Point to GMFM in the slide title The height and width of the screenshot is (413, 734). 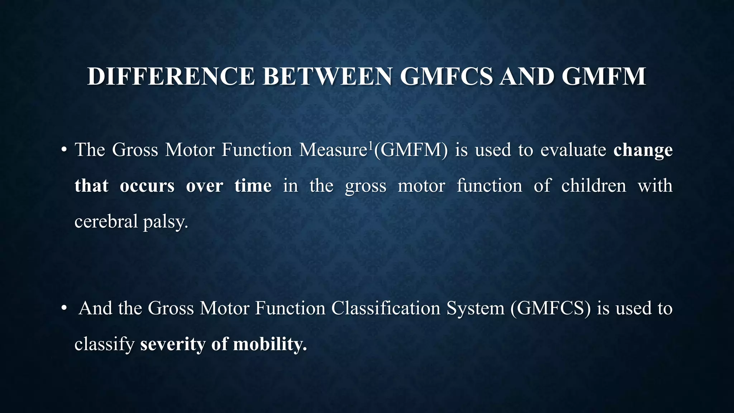point(604,76)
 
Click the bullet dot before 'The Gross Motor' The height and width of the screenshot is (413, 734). point(64,150)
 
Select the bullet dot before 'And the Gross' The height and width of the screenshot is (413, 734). point(64,308)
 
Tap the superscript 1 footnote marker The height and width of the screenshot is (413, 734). point(371,145)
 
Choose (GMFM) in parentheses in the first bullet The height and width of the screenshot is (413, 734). point(411,150)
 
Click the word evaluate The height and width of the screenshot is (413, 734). point(573,150)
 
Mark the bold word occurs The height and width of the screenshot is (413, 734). point(147,186)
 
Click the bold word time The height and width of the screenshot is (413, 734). point(253,186)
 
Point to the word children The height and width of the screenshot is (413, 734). point(594,186)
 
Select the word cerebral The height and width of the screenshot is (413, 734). point(106,221)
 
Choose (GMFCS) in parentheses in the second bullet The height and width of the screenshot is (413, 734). point(550,308)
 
